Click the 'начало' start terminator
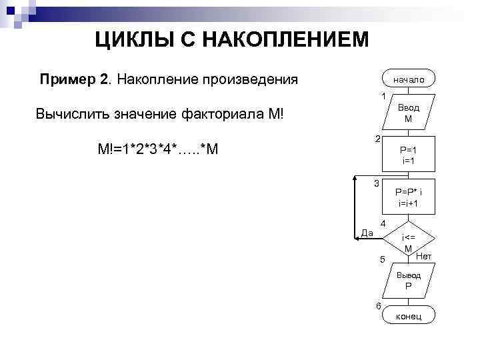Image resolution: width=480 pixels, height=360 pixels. point(409,79)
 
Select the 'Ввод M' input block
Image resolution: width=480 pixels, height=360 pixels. point(409,113)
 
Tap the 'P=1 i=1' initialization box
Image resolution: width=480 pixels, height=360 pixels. point(409,155)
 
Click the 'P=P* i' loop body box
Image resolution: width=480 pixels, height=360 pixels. point(409,197)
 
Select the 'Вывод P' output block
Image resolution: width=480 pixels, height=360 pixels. point(409,280)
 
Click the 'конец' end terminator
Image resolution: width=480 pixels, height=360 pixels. point(409,315)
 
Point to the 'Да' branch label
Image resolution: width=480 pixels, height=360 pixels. point(366,232)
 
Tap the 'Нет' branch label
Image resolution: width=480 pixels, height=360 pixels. point(424,256)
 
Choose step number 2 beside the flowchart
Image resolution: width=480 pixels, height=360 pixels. point(377,139)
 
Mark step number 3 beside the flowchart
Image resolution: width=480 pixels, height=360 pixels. point(377,183)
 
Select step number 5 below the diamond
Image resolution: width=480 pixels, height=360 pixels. point(382,259)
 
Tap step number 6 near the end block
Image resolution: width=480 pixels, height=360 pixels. point(379,305)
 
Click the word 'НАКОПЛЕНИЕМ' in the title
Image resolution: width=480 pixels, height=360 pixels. point(279,41)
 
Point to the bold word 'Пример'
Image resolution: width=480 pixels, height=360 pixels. point(67,80)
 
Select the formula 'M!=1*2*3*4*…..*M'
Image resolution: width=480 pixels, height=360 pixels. point(157,148)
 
